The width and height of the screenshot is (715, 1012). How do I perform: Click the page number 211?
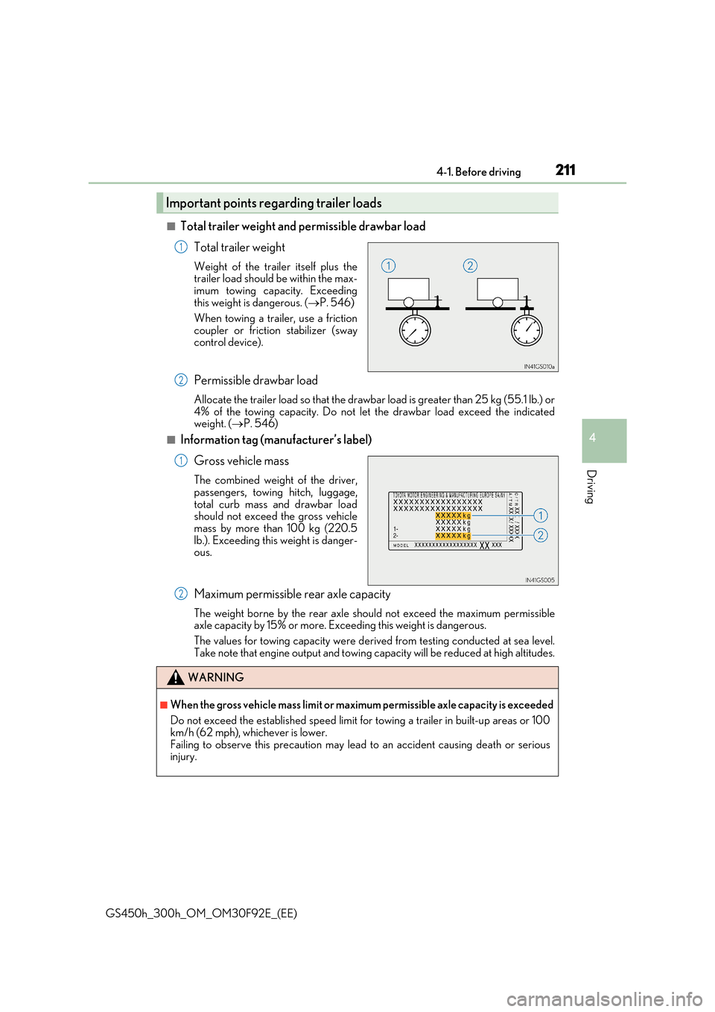[565, 170]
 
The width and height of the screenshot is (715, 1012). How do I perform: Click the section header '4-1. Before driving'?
[478, 172]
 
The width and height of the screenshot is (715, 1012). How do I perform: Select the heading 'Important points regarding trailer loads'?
[273, 203]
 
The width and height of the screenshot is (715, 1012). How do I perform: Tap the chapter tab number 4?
[592, 438]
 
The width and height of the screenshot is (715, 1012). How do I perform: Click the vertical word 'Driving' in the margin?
[591, 487]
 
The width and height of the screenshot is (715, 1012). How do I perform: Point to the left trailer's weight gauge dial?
[415, 330]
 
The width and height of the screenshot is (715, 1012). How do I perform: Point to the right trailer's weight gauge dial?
[527, 330]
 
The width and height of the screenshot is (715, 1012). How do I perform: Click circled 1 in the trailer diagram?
[388, 265]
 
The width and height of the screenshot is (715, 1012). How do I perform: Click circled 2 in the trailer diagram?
[470, 265]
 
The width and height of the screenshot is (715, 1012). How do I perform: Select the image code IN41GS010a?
[539, 367]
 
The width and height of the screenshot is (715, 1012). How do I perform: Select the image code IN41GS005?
[540, 580]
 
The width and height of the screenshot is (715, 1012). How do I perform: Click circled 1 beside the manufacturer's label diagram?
[541, 515]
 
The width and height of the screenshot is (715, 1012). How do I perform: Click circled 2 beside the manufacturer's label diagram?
[541, 535]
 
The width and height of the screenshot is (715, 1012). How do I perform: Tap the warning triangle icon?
[175, 677]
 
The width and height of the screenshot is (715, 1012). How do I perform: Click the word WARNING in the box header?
[216, 677]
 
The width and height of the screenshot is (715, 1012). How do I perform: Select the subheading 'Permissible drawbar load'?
[255, 381]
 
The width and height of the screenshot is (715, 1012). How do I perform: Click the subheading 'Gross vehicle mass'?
[241, 461]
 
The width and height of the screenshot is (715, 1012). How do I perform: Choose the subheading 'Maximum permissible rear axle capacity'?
[292, 595]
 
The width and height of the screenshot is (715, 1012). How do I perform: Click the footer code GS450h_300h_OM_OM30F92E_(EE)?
[201, 914]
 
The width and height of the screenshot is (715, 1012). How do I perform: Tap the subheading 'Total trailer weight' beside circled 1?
[239, 247]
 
